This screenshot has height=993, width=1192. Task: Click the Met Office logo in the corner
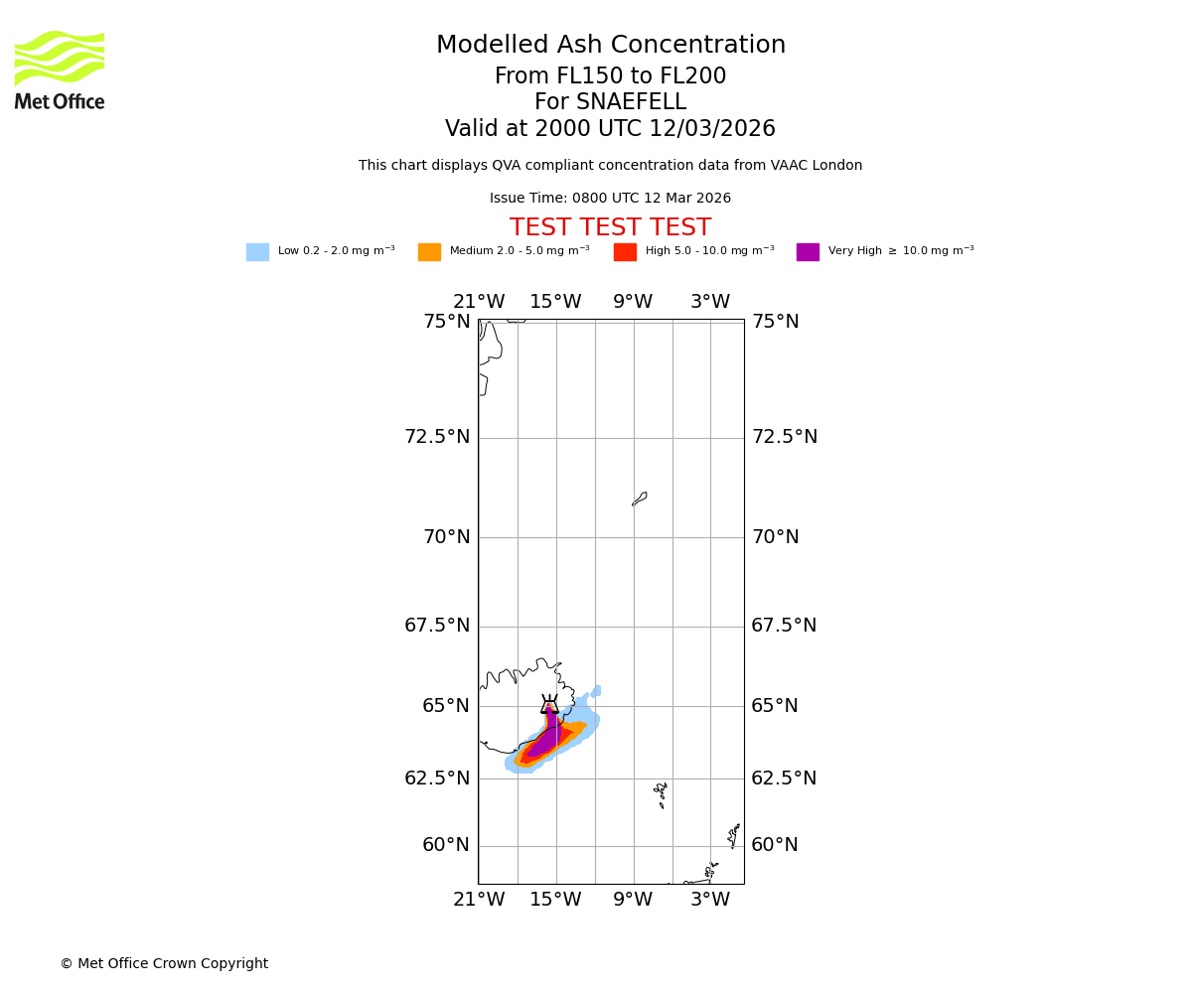pyautogui.click(x=60, y=70)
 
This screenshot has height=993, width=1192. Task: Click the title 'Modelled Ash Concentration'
pyautogui.click(x=610, y=46)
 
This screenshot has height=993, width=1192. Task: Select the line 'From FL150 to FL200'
pyautogui.click(x=610, y=76)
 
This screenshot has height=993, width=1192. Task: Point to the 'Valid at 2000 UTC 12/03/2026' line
pyautogui.click(x=610, y=129)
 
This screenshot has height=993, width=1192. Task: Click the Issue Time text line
pyautogui.click(x=610, y=199)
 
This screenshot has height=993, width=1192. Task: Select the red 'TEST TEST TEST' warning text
pyautogui.click(x=610, y=228)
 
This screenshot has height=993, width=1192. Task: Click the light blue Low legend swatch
pyautogui.click(x=257, y=252)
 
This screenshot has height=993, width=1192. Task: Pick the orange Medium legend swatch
pyautogui.click(x=429, y=252)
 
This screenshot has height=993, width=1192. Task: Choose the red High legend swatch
pyautogui.click(x=625, y=252)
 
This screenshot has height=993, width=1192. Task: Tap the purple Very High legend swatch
pyautogui.click(x=808, y=252)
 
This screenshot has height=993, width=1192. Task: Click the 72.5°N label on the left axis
pyautogui.click(x=437, y=437)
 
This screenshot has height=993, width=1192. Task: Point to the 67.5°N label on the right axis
pyautogui.click(x=784, y=626)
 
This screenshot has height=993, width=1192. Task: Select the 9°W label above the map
pyautogui.click(x=633, y=302)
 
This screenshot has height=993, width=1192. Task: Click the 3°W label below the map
pyautogui.click(x=710, y=900)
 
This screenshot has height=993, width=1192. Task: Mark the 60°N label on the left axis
pyautogui.click(x=446, y=845)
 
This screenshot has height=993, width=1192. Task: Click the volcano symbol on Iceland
pyautogui.click(x=549, y=705)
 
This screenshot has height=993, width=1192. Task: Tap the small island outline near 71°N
pyautogui.click(x=640, y=498)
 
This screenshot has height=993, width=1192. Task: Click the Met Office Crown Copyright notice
pyautogui.click(x=164, y=963)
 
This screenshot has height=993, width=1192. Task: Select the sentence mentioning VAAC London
pyautogui.click(x=610, y=166)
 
